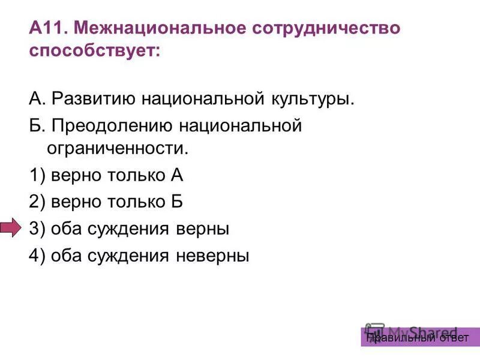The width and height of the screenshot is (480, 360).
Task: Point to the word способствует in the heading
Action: pos(93,50)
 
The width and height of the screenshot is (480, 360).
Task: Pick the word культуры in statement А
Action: pos(311,98)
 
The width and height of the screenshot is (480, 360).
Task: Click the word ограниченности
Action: pos(117,148)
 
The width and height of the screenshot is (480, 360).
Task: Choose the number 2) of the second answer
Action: pos(37,202)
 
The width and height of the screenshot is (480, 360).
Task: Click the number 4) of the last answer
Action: pos(37,256)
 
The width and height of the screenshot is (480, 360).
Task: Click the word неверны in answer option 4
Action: pos(212,256)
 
